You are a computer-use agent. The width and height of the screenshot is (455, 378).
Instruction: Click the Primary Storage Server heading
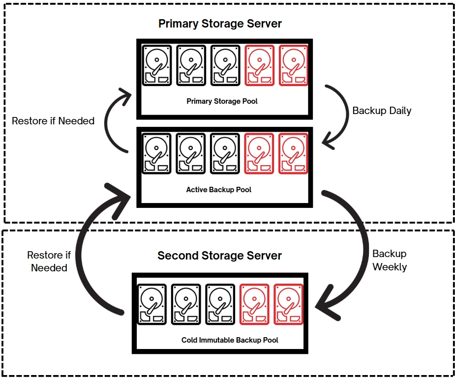pos(220,24)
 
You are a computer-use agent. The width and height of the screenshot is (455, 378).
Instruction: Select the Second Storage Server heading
pos(219,256)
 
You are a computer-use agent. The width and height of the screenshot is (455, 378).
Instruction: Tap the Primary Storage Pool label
pos(222,101)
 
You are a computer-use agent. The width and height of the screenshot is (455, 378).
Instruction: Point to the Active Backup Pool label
pos(218,189)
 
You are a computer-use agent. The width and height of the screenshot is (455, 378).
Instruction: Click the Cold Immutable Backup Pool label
pos(230,340)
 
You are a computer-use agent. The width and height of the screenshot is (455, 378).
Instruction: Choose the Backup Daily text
pos(382,111)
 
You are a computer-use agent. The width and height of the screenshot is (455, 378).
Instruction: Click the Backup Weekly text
pos(390,260)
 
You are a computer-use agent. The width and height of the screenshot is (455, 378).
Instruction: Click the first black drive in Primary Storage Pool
pos(156,65)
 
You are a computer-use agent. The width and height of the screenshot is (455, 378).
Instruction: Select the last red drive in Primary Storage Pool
pos(293,65)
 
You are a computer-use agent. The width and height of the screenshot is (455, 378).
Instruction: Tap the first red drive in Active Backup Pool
pos(259,153)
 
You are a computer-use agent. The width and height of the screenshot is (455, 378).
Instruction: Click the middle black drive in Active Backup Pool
pos(191,153)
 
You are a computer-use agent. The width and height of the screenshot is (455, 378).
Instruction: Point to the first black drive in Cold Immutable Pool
pos(152,304)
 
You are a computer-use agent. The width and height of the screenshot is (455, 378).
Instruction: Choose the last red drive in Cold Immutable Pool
pos(288,304)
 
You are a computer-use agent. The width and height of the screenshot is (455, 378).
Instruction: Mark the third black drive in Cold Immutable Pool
pos(220,304)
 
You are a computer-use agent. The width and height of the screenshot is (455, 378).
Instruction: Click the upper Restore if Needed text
pos(53,120)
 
